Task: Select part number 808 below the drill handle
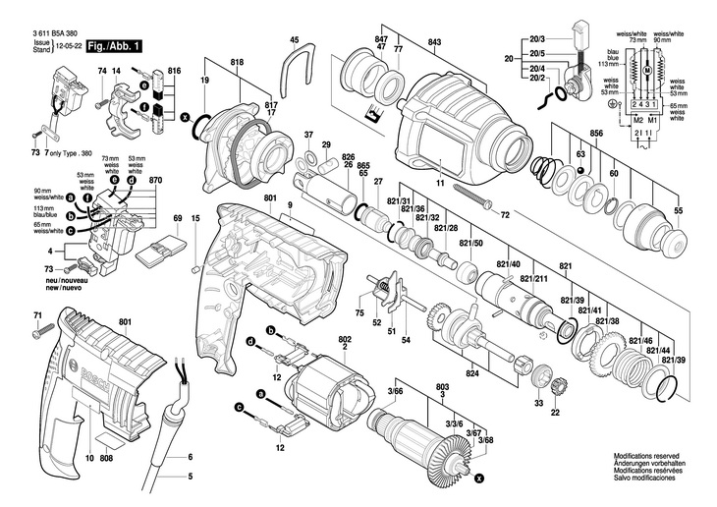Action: pos(107,459)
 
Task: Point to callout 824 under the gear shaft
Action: pos(472,373)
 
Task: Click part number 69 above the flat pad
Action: pos(178,218)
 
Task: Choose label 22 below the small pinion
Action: pos(555,414)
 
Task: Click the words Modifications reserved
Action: pos(646,457)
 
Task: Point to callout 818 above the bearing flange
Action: pos(237,63)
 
